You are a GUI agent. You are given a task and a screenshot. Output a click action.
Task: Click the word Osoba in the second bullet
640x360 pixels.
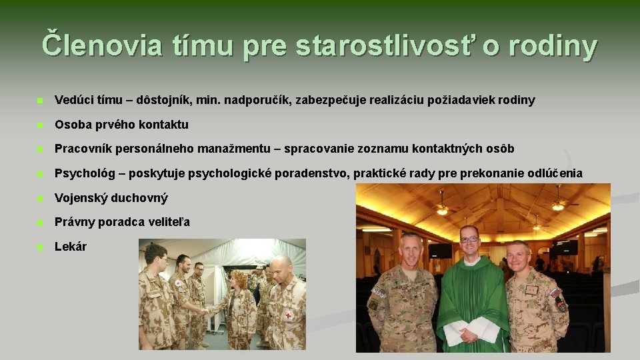(71, 125)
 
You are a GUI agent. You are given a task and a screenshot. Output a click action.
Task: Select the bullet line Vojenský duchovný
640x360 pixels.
(111, 198)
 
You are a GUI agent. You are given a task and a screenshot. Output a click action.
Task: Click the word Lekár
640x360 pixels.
(71, 247)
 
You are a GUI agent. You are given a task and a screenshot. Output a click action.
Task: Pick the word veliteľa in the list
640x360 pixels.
(167, 222)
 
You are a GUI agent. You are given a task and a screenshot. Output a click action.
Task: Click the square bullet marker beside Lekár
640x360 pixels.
(41, 247)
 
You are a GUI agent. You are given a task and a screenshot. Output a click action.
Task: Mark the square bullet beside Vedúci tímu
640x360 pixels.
(41, 101)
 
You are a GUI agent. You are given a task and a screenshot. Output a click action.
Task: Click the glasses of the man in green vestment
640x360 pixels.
(469, 239)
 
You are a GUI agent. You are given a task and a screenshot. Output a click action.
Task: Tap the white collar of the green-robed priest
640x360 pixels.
(470, 261)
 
